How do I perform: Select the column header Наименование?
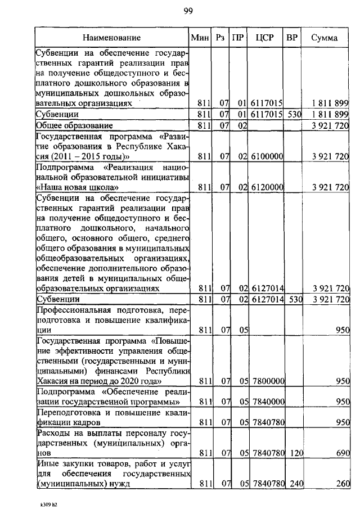pos(112,38)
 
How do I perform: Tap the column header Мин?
pos(200,38)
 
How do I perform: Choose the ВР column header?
pos(292,38)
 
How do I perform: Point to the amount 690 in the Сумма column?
pos(342,452)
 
